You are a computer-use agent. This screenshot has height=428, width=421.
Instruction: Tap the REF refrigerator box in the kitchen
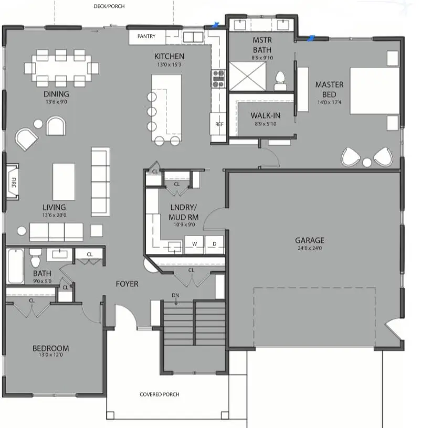tap(219, 125)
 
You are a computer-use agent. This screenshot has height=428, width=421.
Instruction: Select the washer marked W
tap(194, 244)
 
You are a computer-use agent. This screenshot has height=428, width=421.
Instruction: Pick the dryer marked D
tap(214, 244)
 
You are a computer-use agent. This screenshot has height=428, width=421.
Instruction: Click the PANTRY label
tap(148, 37)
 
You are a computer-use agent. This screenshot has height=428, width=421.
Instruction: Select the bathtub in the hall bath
tap(15, 266)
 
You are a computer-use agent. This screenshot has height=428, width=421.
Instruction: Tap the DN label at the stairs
tap(176, 296)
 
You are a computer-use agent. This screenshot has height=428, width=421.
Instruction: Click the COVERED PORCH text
tap(160, 394)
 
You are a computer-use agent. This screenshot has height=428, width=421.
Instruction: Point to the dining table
tap(61, 68)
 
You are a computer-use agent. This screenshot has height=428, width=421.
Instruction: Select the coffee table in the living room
tap(64, 181)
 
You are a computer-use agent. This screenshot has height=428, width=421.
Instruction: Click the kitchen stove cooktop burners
tap(218, 78)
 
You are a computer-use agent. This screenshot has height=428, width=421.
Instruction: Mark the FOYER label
tap(127, 284)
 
